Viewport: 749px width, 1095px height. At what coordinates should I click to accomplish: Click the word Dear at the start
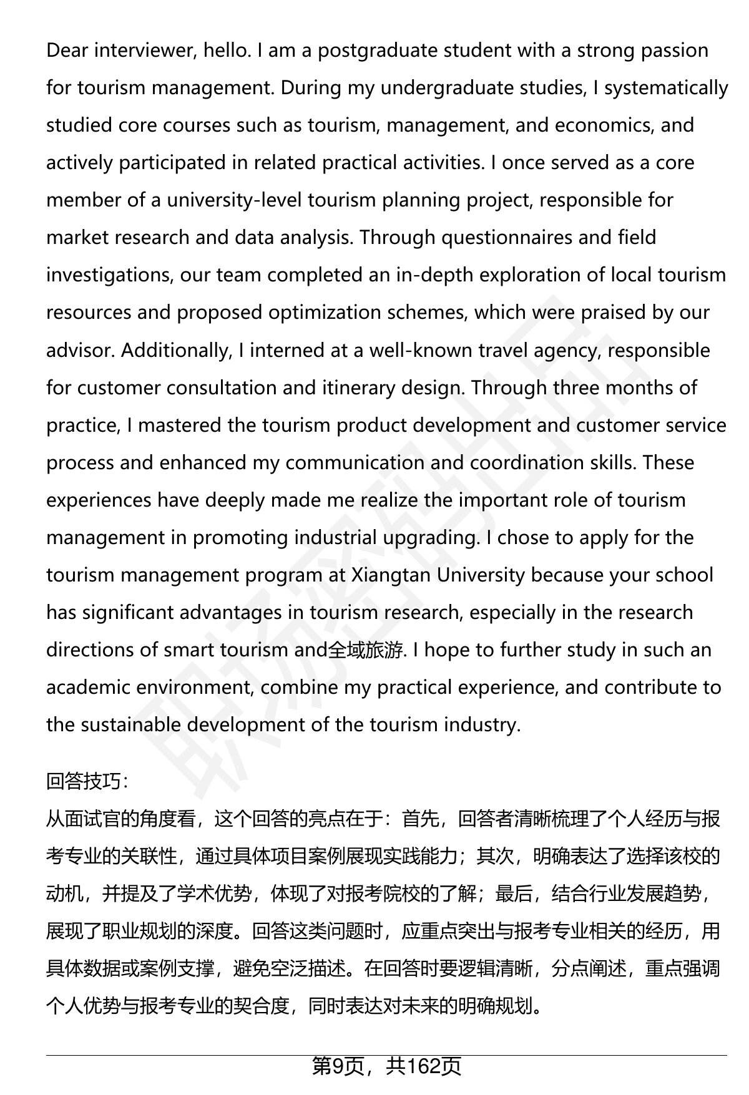[x=67, y=50]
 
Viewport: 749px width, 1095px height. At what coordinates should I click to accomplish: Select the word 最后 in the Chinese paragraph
[x=514, y=893]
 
